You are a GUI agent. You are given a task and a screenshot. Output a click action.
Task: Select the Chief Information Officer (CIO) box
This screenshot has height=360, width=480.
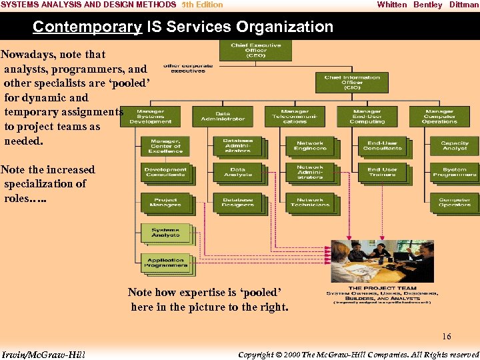(x=352, y=82)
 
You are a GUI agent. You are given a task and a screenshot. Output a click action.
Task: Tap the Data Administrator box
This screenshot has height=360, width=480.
(x=223, y=116)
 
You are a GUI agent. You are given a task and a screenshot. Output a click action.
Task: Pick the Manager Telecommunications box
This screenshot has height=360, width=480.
(x=295, y=116)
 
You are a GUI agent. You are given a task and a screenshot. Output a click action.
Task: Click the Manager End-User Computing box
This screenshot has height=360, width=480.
(x=367, y=116)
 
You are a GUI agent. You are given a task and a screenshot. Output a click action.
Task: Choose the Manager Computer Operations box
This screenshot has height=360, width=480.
(x=439, y=116)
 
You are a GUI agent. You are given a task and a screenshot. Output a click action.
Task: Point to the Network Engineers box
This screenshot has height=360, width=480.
(x=309, y=145)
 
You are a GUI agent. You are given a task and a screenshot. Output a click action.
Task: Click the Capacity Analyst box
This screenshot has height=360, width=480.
(x=455, y=145)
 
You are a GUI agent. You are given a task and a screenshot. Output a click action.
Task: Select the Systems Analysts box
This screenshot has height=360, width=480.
(x=165, y=233)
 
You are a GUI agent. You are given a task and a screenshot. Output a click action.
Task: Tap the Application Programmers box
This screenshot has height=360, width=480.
(x=166, y=263)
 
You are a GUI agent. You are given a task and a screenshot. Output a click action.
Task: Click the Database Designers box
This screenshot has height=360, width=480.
(x=237, y=201)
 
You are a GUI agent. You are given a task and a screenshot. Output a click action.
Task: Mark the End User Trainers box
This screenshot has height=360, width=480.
(x=382, y=172)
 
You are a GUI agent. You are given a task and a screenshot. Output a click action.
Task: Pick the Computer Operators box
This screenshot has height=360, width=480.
(x=455, y=201)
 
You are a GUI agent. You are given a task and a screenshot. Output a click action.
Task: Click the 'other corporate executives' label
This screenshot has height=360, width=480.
(x=188, y=68)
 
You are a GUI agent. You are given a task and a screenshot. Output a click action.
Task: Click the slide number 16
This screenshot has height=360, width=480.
(x=446, y=337)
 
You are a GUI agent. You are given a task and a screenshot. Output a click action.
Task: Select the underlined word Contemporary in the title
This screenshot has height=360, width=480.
(x=87, y=27)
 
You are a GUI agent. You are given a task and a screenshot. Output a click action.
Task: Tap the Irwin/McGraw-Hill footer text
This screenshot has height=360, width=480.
(x=44, y=354)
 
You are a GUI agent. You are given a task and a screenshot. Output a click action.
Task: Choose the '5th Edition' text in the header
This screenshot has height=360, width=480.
(x=202, y=5)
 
